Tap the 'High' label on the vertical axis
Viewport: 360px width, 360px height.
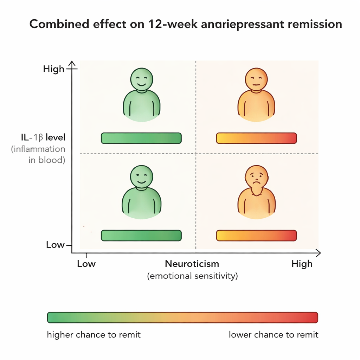coord(54,69)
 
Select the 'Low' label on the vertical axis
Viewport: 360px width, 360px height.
coord(55,245)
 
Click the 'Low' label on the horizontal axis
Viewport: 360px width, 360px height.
coord(86,264)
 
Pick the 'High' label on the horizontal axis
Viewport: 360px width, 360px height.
coord(302,264)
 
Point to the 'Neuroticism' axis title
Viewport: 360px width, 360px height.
coord(192,264)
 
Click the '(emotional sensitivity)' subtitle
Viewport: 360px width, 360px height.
coord(192,276)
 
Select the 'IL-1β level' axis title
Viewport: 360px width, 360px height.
coord(43,137)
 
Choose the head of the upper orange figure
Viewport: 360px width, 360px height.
coord(256,79)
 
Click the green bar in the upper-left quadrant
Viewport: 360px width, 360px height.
coord(141,138)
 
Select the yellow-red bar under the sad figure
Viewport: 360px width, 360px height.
coord(256,236)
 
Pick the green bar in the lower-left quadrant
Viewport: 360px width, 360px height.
coord(141,236)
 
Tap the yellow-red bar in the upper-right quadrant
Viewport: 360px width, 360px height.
coord(256,138)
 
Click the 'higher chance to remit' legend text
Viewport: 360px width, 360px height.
coord(94,335)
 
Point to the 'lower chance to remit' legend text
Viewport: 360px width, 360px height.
coord(274,335)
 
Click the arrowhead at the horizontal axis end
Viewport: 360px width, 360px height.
coord(318,253)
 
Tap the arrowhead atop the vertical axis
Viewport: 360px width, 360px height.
coord(72,63)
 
